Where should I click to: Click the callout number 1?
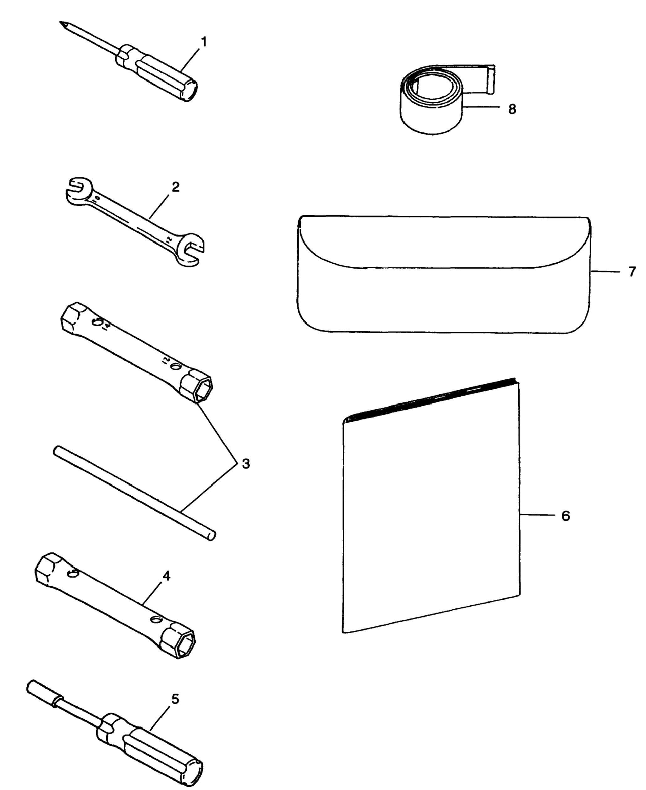tap(203, 42)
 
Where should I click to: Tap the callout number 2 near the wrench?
tap(175, 187)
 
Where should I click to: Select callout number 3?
tap(245, 464)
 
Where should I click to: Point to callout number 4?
tap(166, 576)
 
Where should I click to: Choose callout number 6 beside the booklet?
tap(565, 516)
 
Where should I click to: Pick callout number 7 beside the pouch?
tap(632, 272)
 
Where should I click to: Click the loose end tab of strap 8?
tap(491, 79)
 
